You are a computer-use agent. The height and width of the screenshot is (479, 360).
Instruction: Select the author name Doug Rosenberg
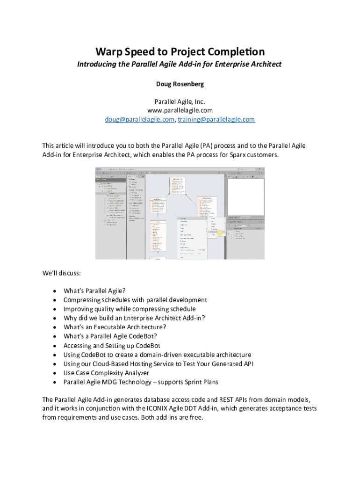pos(180,84)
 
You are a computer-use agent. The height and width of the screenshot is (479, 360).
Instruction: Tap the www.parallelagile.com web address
pos(180,110)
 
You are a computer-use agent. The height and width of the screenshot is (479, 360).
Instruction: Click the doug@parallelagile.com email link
pos(139,119)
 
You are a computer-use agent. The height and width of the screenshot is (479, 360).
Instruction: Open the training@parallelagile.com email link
pos(216,119)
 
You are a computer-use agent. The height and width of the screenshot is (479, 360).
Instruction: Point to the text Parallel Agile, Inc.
pos(180,102)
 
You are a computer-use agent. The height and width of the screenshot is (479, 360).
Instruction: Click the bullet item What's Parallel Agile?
pos(94,290)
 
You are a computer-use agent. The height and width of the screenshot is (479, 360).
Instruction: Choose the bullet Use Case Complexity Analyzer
pos(106,373)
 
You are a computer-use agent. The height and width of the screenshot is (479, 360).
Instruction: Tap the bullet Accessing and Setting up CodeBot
pos(112,346)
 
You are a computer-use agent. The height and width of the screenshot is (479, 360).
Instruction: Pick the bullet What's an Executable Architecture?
pos(115,327)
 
